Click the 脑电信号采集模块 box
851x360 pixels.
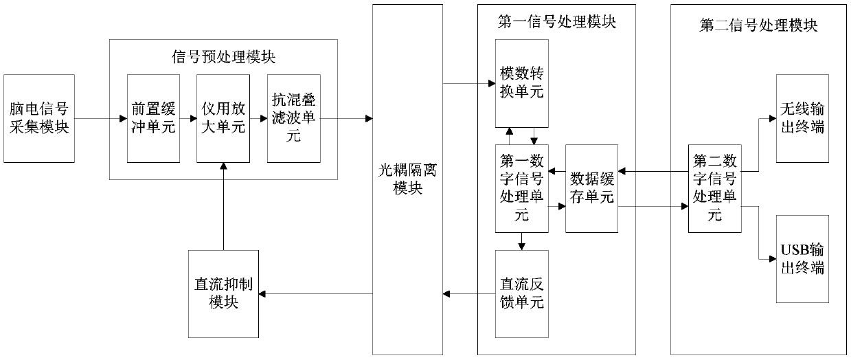pos(39,119)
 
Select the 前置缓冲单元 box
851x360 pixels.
pos(153,119)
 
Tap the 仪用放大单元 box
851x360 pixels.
pos(223,119)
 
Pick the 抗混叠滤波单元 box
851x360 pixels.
pos(294,119)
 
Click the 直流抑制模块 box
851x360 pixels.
pos(224,294)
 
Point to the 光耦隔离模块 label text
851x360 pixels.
pos(408,179)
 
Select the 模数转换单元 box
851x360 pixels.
pos(522,83)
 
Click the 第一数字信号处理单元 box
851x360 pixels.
pos(522,188)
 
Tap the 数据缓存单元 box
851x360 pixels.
pos(592,188)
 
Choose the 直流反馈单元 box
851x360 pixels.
pos(522,294)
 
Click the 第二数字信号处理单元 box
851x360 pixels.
pos(715,188)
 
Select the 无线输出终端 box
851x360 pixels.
pos(803,119)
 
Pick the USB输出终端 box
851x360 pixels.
pos(803,259)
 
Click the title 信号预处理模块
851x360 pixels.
pos(223,57)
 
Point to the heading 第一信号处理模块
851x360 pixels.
pos(557,22)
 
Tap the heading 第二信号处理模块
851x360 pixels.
pos(759,25)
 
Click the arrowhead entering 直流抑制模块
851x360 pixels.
pos(262,294)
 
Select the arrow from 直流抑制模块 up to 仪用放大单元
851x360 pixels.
pos(224,206)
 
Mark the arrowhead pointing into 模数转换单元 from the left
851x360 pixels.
pos(492,83)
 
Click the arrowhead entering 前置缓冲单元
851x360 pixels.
pos(124,119)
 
